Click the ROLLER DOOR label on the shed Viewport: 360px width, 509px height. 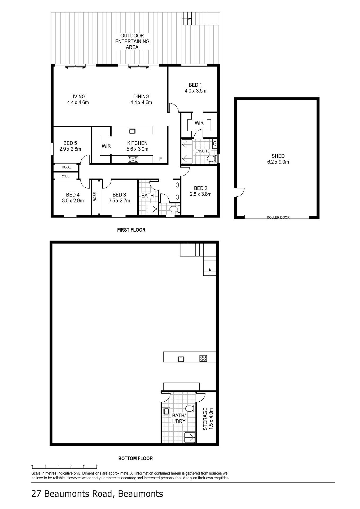[278, 217]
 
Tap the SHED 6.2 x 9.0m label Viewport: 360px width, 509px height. [278, 159]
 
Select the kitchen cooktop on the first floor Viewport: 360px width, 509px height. [133, 159]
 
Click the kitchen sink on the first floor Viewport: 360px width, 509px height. [132, 131]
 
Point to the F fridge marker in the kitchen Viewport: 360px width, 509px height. [160, 159]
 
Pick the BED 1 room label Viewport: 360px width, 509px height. [195, 88]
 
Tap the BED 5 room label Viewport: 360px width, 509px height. [70, 146]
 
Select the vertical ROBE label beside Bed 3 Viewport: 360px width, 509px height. [95, 197]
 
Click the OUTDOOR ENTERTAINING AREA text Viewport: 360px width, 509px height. [132, 41]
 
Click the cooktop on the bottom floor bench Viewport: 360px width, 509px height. [203, 358]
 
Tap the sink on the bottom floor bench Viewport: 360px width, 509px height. [181, 359]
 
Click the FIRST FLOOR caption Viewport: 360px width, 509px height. [131, 230]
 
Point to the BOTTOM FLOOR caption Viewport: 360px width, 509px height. [135, 458]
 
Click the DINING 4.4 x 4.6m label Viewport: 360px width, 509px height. [141, 99]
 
